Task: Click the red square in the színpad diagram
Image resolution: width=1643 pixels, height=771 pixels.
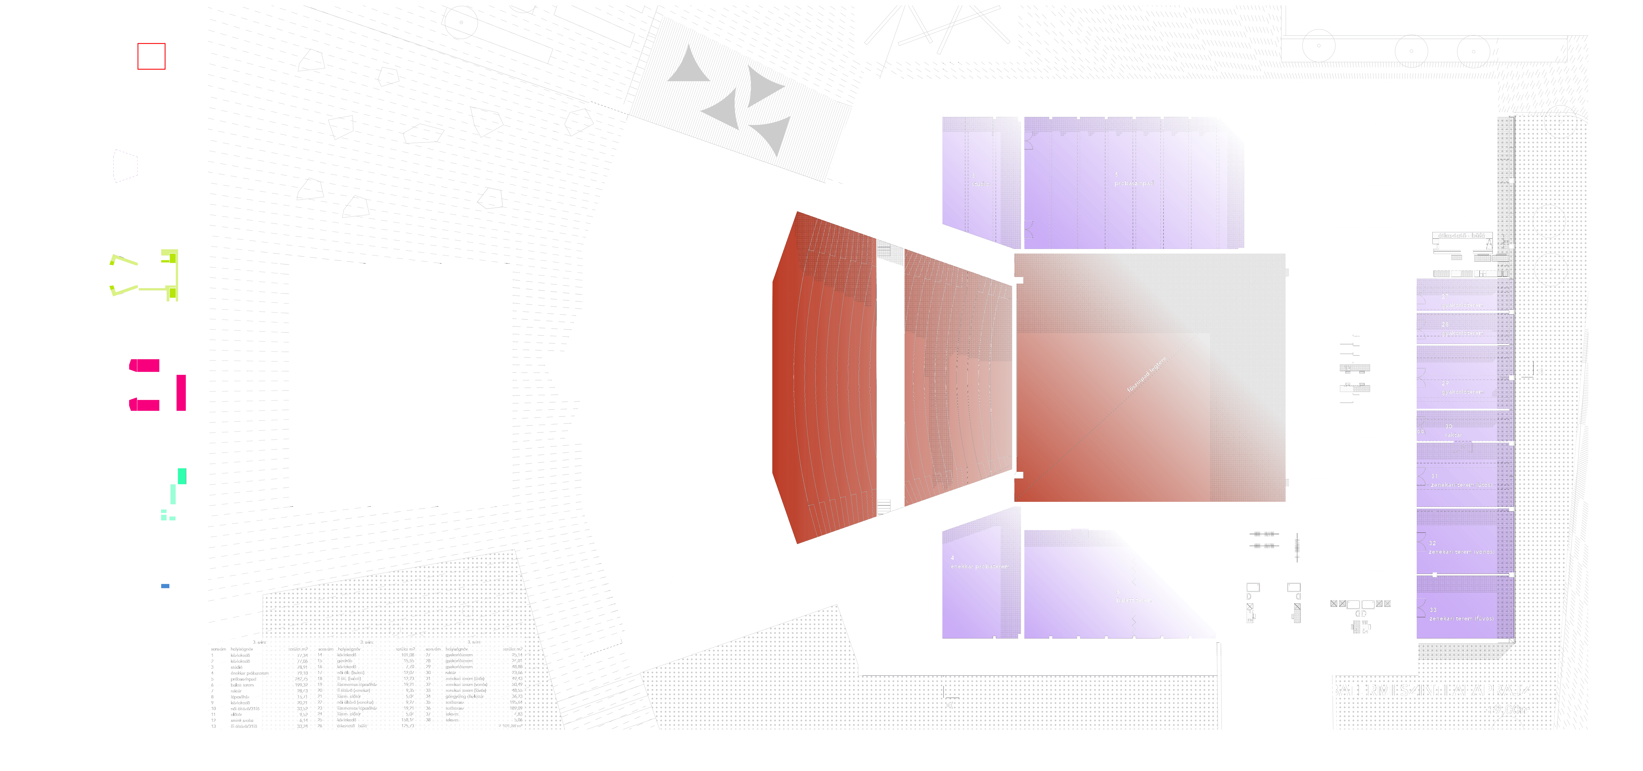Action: [x=151, y=56]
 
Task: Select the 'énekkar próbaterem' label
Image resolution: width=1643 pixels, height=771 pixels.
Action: [x=980, y=566]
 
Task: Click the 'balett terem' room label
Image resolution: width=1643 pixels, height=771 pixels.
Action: [x=1134, y=600]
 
